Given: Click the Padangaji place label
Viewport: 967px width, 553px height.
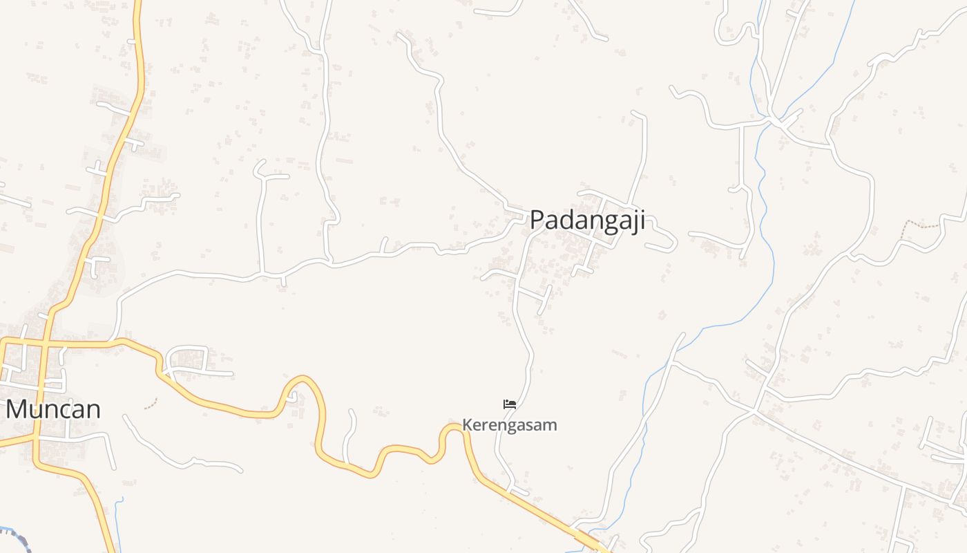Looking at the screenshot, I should point(587,221).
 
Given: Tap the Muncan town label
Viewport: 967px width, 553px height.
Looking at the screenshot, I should point(53,409).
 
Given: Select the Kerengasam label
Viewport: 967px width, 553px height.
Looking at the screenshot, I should point(509,424).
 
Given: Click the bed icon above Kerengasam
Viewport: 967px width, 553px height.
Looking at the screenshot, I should point(510,404).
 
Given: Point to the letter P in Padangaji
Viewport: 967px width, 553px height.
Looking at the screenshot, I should point(537,221).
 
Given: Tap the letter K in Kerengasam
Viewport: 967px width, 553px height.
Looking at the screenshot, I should point(467,424).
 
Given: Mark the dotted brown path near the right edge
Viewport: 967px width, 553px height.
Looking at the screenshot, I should point(922,224).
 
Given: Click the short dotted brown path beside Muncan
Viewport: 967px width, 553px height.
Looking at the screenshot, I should point(151,403).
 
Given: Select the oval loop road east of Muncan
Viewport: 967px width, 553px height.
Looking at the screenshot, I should point(186,357).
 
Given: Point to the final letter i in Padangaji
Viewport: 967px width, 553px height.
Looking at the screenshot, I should point(642,221).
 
